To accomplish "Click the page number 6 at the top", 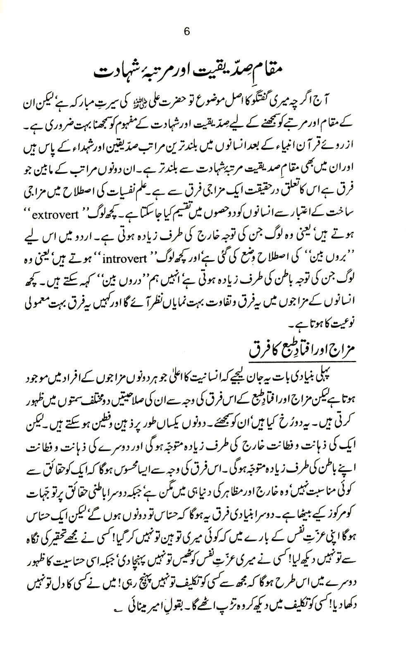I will (x=186, y=32).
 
